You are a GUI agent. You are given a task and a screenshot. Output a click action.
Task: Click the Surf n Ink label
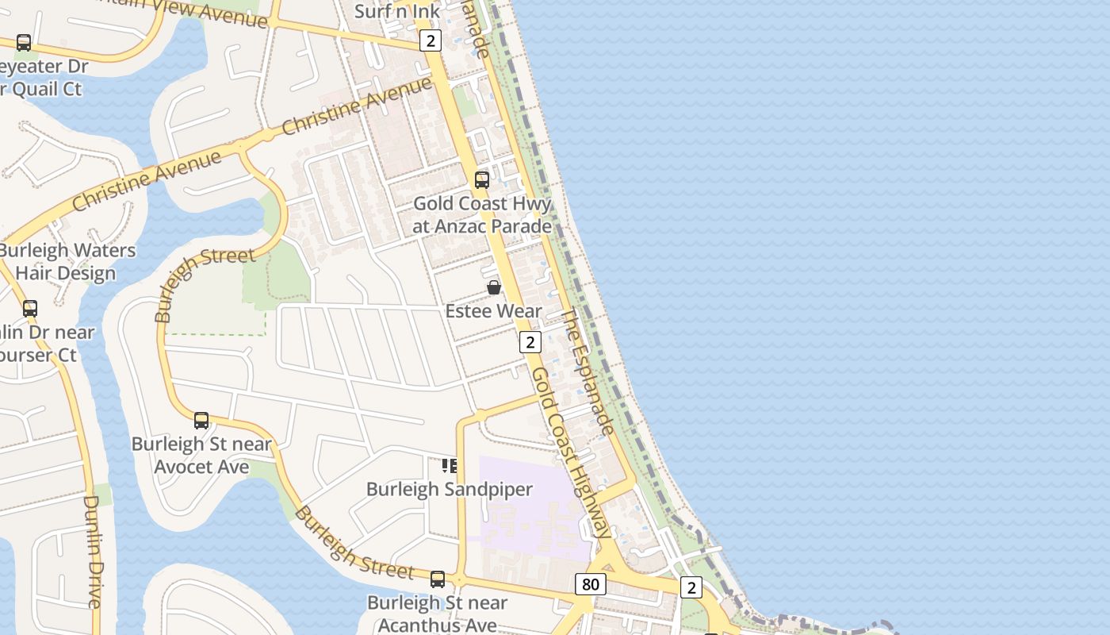396,11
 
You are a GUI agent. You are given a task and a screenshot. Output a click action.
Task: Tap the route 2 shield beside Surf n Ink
430,40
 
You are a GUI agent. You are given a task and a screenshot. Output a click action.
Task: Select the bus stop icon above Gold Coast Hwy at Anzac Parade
482,179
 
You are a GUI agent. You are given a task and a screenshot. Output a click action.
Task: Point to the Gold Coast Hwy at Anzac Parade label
482,215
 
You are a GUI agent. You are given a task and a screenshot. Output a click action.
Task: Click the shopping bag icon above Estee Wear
494,287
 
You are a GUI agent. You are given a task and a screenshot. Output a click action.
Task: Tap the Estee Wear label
493,311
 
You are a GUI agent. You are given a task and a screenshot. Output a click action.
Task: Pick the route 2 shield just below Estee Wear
530,342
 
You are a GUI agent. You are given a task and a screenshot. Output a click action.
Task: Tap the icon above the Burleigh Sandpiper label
450,465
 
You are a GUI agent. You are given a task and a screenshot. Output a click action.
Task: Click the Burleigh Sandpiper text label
450,489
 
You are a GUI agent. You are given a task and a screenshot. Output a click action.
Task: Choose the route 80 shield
590,585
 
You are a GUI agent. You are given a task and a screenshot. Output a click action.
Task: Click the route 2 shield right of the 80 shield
691,588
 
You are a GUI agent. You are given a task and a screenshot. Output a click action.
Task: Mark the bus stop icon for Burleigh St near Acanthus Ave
438,579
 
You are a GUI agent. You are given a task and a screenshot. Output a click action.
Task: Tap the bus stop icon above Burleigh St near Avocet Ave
201,421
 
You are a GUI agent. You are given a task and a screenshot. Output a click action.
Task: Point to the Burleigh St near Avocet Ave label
201,455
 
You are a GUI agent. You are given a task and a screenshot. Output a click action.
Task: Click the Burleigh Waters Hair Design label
67,262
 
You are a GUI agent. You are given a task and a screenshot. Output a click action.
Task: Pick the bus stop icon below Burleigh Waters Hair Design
30,308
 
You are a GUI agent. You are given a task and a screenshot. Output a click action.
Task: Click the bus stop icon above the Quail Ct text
24,43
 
